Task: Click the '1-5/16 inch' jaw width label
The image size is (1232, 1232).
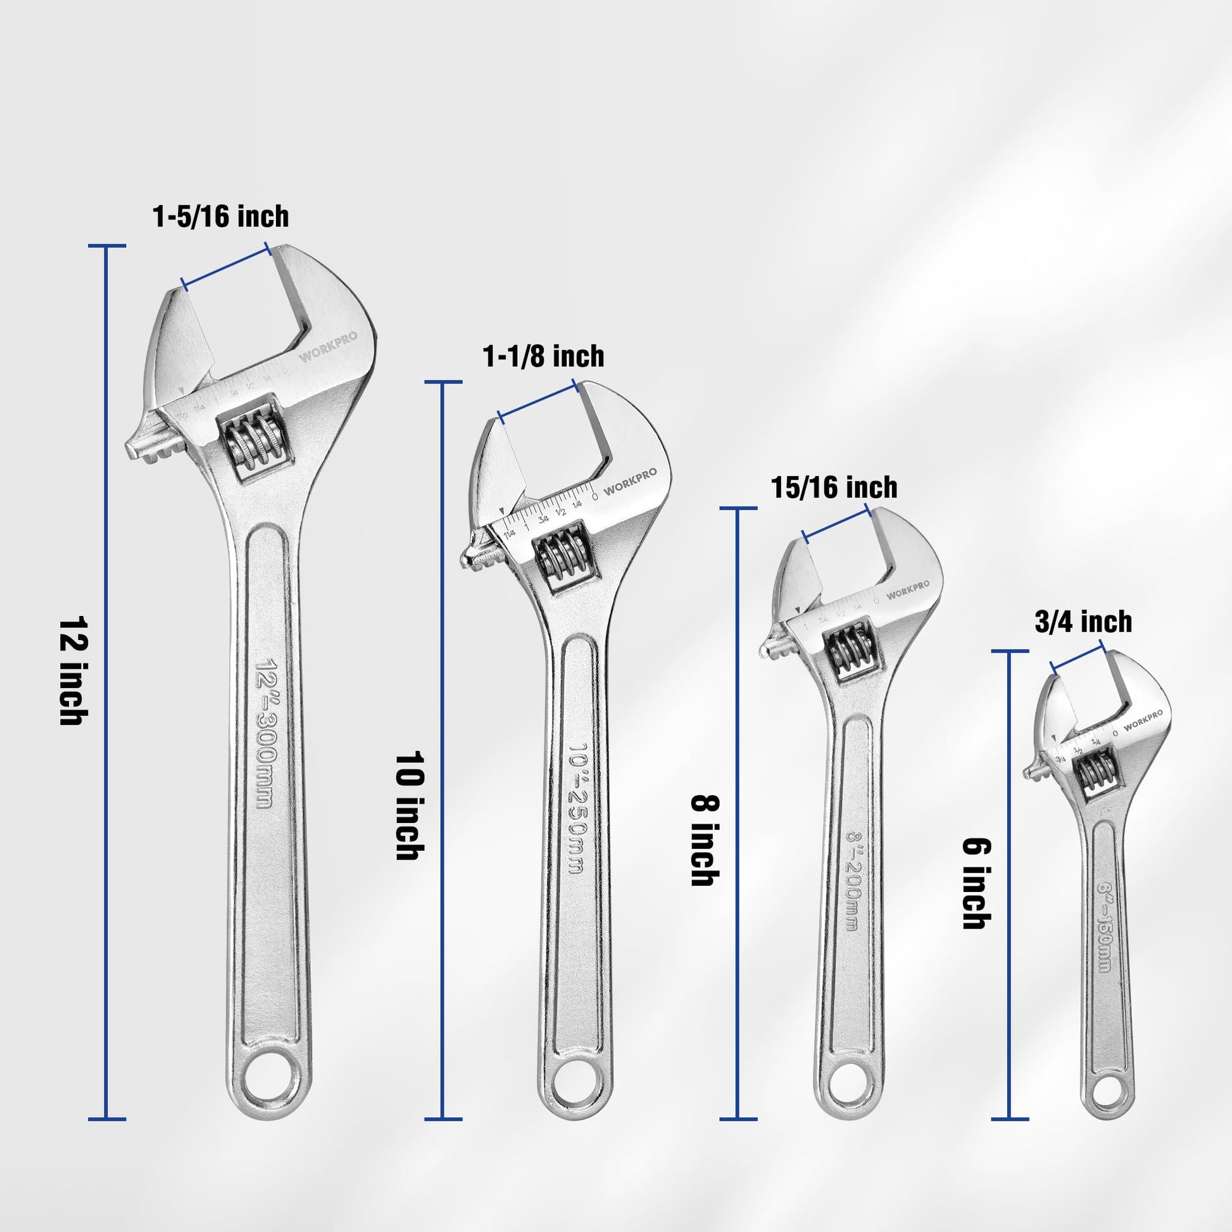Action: pos(221,217)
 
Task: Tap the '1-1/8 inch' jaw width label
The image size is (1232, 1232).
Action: pos(543,356)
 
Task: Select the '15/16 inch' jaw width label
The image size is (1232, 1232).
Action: pos(834,488)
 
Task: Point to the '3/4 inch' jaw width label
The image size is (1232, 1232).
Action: pos(1083,622)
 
